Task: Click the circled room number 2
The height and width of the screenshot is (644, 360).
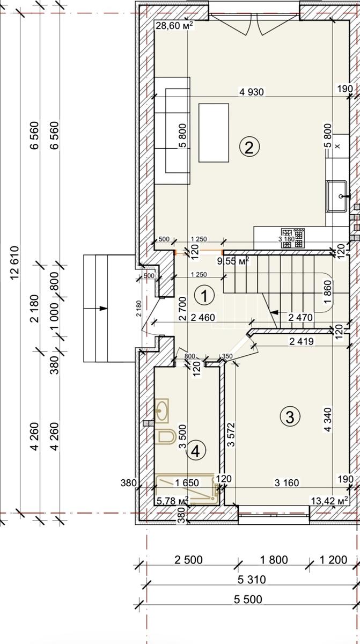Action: tap(249, 147)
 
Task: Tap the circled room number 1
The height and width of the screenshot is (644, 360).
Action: tap(204, 295)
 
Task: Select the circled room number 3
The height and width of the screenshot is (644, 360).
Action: tap(290, 416)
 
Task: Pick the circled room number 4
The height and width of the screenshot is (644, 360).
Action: tap(196, 452)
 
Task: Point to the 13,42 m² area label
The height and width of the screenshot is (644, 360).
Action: tap(330, 501)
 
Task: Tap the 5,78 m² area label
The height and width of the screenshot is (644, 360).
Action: tap(173, 501)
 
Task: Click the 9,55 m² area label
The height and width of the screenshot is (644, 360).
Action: tap(233, 261)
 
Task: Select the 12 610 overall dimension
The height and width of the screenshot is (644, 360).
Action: tap(14, 262)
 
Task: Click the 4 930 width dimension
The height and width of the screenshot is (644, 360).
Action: tap(252, 92)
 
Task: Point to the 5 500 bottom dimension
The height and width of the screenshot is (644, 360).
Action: tap(248, 599)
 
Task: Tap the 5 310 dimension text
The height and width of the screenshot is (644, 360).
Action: tap(252, 579)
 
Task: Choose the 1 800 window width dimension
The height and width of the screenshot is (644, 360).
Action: tap(274, 560)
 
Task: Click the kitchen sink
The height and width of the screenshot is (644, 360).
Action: tap(337, 196)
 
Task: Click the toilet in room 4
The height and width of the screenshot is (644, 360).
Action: tap(165, 437)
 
